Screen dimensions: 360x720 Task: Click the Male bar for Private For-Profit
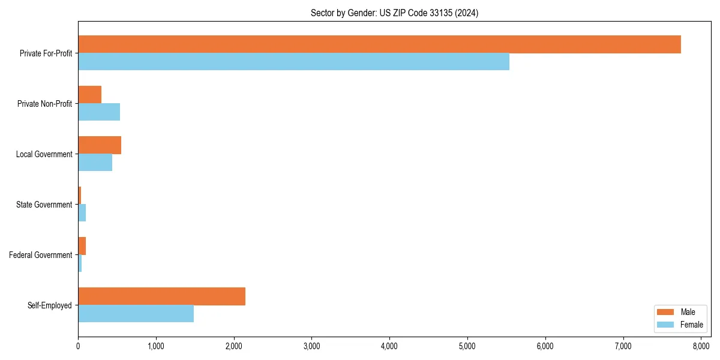379,44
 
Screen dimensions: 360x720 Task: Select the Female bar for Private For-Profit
293,62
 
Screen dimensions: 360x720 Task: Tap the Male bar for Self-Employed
161,296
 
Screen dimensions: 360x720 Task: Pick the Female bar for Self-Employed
136,314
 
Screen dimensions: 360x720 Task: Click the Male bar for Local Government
100,145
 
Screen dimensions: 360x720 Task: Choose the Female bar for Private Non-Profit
99,112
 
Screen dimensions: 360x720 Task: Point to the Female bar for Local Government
95,163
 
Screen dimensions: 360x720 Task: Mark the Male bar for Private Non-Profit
89,95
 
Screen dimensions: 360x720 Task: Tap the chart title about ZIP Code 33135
394,13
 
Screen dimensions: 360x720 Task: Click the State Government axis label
44,205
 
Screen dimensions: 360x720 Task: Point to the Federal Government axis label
41,255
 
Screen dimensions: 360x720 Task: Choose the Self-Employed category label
50,305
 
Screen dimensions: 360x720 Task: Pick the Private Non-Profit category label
44,104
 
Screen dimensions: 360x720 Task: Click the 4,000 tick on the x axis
389,346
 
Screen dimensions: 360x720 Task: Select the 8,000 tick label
701,346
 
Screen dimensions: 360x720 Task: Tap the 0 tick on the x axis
78,346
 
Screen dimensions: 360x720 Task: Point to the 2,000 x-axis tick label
234,346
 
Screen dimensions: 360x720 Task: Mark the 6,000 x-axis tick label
545,346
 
